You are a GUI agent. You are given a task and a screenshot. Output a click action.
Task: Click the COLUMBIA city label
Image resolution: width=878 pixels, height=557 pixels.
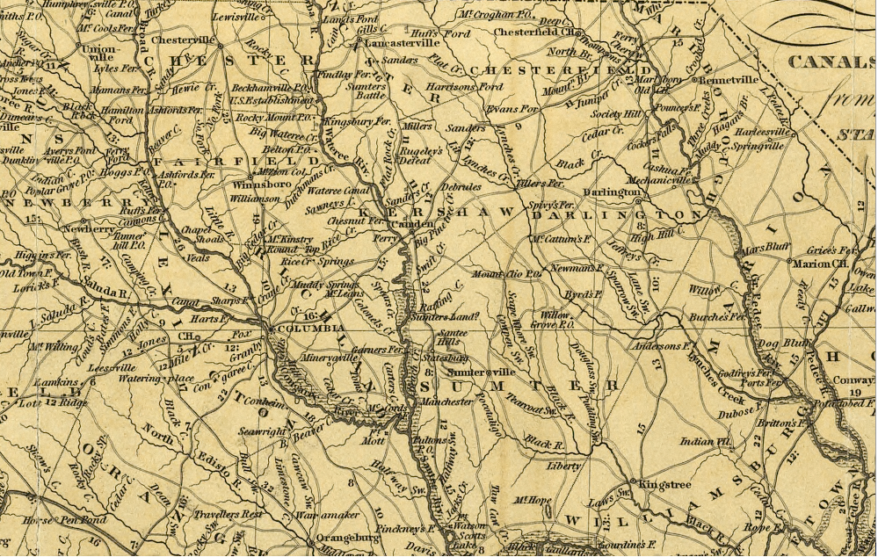(x=302, y=329)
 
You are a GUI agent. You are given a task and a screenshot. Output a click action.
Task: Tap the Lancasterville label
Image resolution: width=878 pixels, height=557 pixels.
(x=403, y=41)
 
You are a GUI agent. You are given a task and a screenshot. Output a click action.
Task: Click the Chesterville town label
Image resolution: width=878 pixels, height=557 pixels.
(x=183, y=40)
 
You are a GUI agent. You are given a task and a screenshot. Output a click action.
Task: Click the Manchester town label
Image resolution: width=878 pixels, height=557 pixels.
(x=446, y=401)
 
